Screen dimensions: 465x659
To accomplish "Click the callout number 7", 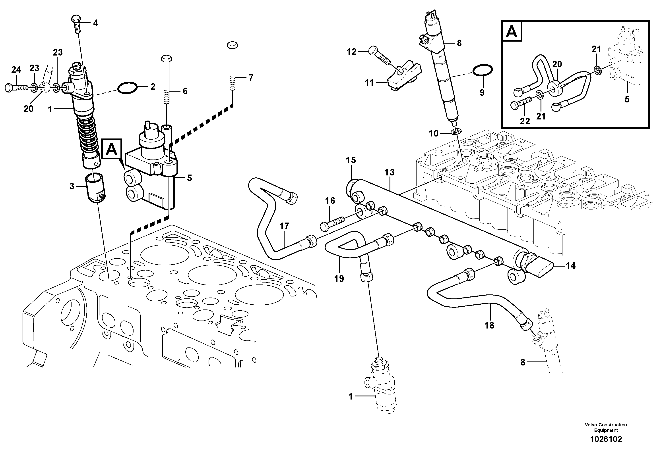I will pyautogui.click(x=251, y=77).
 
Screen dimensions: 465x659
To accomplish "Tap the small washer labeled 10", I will pyautogui.click(x=456, y=132).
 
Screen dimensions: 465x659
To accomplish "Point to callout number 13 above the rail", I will pyautogui.click(x=390, y=172).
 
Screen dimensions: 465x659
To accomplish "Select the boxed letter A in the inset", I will pyautogui.click(x=512, y=32).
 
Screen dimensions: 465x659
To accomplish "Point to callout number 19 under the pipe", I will pyautogui.click(x=339, y=278).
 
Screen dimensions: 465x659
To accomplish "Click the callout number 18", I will pyautogui.click(x=489, y=325).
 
